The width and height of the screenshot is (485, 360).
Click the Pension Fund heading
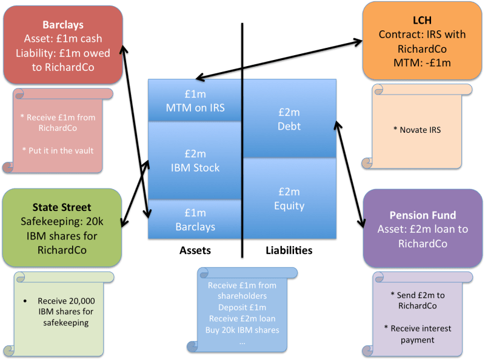423,215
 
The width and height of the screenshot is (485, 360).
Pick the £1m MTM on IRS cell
195,101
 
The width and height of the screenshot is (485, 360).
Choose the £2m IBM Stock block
195,161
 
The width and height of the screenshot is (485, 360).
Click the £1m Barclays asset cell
195,220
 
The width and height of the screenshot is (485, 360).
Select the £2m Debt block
290,119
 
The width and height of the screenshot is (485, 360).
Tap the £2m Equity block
290,199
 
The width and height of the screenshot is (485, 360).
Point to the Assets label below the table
195,250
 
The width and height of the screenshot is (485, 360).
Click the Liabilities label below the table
289,250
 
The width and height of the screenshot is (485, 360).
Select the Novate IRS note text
423,130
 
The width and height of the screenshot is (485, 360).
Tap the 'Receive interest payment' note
423,334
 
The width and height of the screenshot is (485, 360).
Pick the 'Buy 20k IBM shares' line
242,330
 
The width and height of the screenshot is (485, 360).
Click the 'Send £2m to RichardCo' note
423,300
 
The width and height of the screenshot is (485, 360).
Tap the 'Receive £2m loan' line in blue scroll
242,319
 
